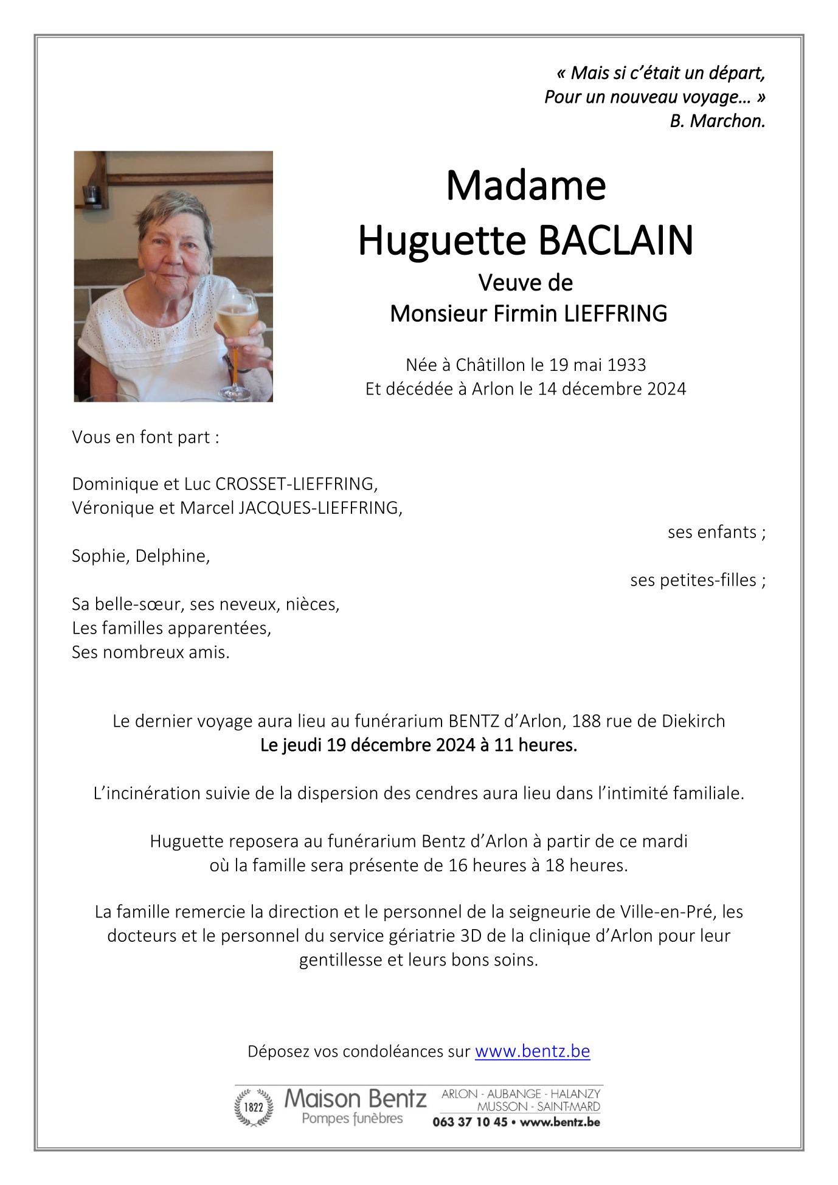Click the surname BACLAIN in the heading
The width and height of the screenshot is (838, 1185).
pyautogui.click(x=615, y=241)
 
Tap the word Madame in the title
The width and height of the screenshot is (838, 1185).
pyautogui.click(x=525, y=185)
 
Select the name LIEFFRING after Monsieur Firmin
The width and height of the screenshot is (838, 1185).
pyautogui.click(x=615, y=314)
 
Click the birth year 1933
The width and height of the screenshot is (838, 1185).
pyautogui.click(x=626, y=365)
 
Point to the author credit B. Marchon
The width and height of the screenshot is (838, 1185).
pyautogui.click(x=717, y=121)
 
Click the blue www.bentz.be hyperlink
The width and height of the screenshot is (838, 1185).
pyautogui.click(x=532, y=1051)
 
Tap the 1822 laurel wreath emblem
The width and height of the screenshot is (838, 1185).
pyautogui.click(x=254, y=1107)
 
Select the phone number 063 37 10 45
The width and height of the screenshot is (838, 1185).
pyautogui.click(x=469, y=1122)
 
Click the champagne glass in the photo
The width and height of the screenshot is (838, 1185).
pyautogui.click(x=236, y=322)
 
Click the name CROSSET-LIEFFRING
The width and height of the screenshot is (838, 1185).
pyautogui.click(x=296, y=484)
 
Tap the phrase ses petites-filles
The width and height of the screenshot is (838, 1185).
pyautogui.click(x=693, y=580)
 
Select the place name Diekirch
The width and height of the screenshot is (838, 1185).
pyautogui.click(x=693, y=721)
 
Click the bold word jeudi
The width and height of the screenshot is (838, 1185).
pyautogui.click(x=302, y=745)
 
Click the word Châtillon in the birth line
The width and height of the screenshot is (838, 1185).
pyautogui.click(x=490, y=365)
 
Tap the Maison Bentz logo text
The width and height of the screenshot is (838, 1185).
pyautogui.click(x=355, y=1099)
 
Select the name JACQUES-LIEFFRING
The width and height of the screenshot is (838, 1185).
pyautogui.click(x=320, y=508)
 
